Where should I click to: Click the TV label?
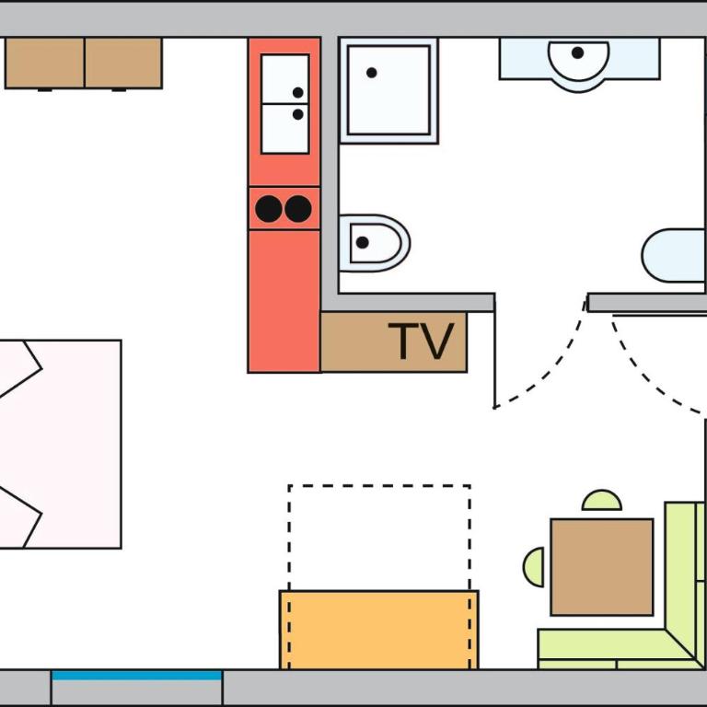tap(421, 341)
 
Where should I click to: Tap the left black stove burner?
tap(269, 209)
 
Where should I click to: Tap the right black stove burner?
tap(298, 209)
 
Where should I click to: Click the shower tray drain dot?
tap(372, 73)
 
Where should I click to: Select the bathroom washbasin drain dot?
tap(577, 52)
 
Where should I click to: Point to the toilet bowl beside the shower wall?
tap(375, 243)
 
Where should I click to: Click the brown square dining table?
tap(602, 567)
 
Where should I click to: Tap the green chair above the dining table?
tap(602, 501)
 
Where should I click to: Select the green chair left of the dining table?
tap(534, 567)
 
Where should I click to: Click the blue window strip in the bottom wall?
tap(136, 676)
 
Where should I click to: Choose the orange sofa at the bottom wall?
tap(378, 630)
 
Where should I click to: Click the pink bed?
tap(61, 444)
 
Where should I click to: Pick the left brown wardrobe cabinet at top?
tap(44, 64)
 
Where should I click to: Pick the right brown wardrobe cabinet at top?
tap(123, 64)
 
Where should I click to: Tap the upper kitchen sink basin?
tap(285, 79)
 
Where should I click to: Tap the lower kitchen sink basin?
tap(285, 129)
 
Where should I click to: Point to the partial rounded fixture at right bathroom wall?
tap(674, 255)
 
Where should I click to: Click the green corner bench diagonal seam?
tap(680, 643)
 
